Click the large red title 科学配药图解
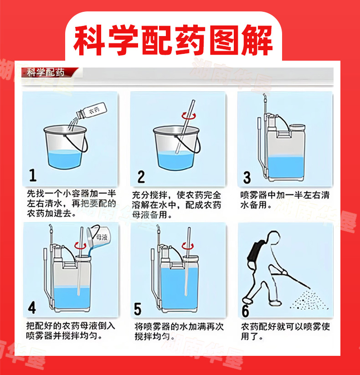174,40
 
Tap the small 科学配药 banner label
46,72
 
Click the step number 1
33,175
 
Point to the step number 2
141,177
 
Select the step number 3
247,178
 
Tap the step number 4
32,307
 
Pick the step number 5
138,309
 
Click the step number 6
245,311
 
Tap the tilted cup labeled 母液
99,237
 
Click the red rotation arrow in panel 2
189,116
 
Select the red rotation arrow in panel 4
80,245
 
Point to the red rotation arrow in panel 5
188,246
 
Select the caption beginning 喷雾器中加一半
285,200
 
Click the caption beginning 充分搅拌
177,205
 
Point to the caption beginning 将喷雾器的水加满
179,331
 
